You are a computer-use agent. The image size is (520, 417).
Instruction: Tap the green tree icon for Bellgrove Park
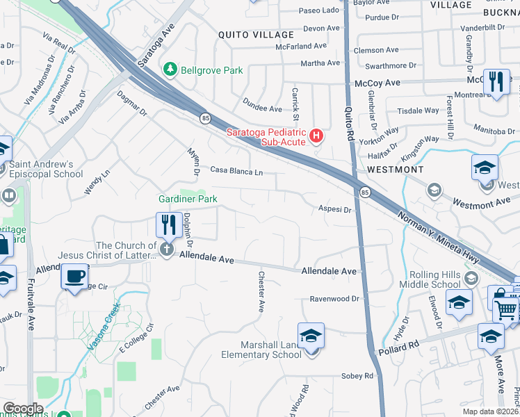point(169,69)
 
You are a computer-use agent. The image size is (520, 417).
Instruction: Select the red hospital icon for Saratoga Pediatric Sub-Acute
point(316,135)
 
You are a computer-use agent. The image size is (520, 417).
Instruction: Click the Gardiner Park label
point(187,199)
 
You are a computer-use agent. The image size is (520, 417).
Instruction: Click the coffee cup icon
point(74,276)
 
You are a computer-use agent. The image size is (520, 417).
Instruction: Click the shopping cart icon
point(508,307)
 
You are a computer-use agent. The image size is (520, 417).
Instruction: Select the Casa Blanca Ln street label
point(236,171)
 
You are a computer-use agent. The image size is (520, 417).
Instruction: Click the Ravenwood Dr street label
point(334,300)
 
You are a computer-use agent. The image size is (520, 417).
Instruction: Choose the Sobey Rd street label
point(357,376)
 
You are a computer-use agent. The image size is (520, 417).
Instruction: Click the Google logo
point(23,409)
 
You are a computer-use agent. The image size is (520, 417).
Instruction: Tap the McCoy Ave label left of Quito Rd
point(377,82)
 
